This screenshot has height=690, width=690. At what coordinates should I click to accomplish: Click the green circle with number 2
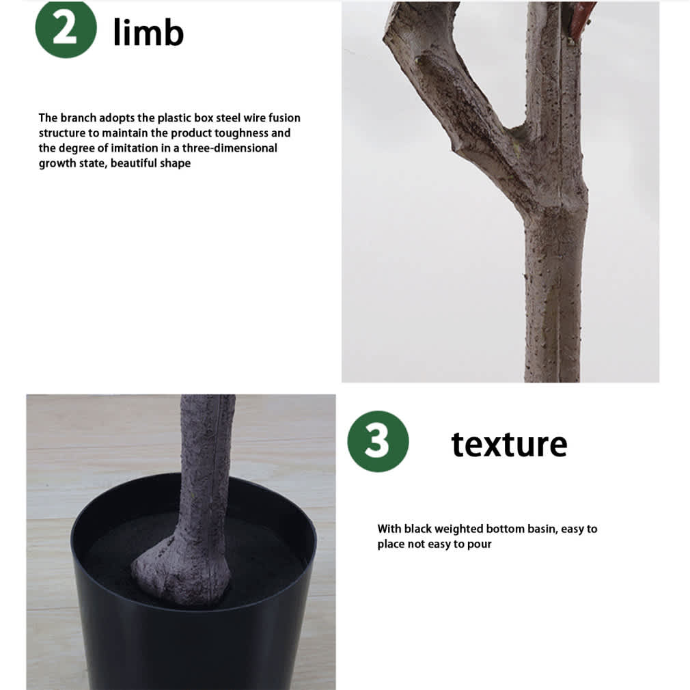pyautogui.click(x=66, y=29)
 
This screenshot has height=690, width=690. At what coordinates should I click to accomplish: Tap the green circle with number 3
pyautogui.click(x=378, y=441)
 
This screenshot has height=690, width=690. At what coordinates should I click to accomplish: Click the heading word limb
pyautogui.click(x=148, y=32)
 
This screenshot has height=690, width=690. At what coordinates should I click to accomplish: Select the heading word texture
pyautogui.click(x=509, y=444)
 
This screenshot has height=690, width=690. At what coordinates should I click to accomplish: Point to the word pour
pyautogui.click(x=479, y=544)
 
